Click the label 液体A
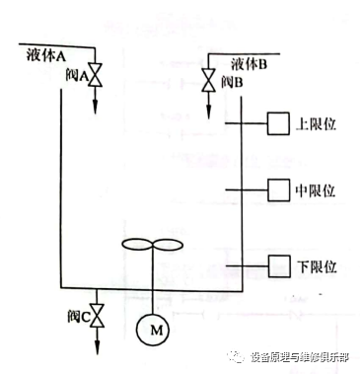tap(47, 55)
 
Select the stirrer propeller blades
tap(152, 248)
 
